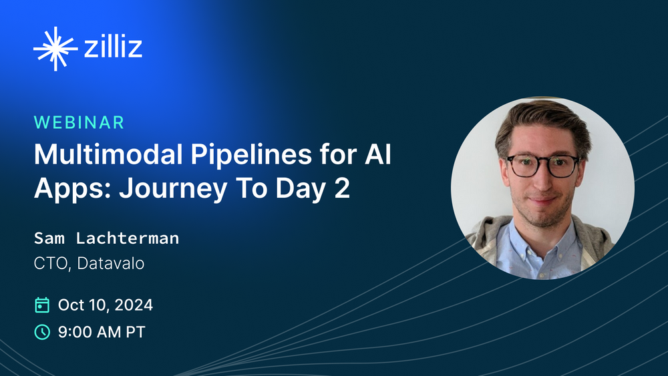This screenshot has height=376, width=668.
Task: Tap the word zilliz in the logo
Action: (114, 49)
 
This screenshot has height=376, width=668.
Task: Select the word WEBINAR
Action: (79, 122)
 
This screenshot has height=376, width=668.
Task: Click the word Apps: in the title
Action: (71, 189)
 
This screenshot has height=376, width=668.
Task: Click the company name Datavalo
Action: (111, 263)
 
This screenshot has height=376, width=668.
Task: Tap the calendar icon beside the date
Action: (41, 305)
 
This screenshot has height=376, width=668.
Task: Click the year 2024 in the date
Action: (133, 305)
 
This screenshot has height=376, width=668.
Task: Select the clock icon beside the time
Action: (41, 331)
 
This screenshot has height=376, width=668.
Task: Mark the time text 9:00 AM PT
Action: (101, 331)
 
